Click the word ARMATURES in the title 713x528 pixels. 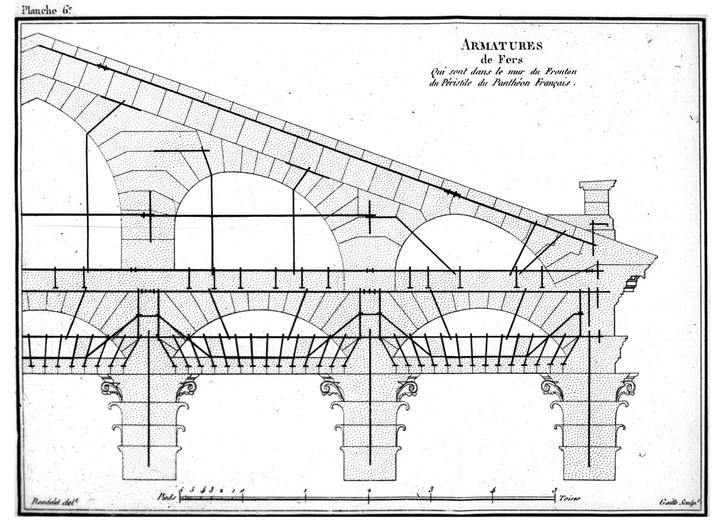[x=501, y=46]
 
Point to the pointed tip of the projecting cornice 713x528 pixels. [x=656, y=256]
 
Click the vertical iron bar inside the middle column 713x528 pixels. [x=371, y=408]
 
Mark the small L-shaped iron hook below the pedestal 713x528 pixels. [x=599, y=225]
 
